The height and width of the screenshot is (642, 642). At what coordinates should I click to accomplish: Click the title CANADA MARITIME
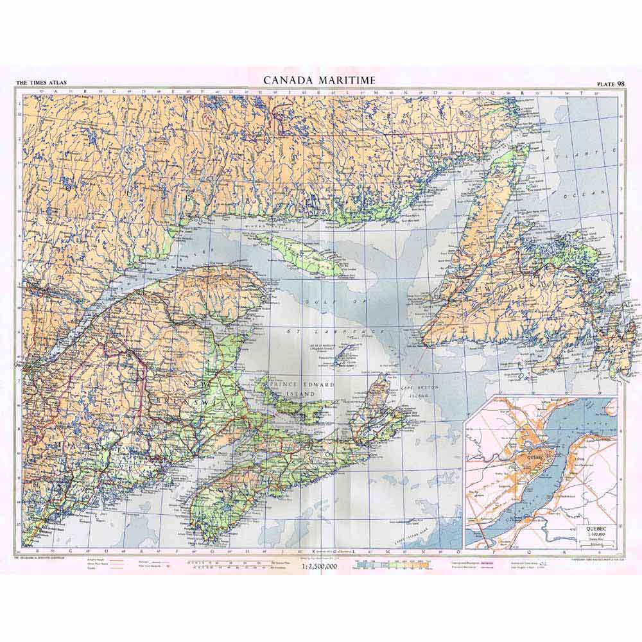coord(319,80)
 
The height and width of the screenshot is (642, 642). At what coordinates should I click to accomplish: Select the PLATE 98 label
coord(611,83)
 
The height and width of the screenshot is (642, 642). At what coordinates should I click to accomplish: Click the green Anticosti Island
coord(299,253)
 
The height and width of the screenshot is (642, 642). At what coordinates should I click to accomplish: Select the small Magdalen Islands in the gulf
coord(343,354)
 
